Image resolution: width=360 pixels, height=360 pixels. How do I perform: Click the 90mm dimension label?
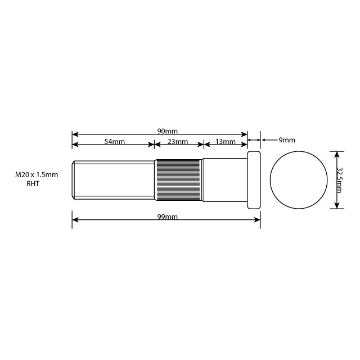point(168,131)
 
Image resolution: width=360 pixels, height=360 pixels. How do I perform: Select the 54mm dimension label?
point(114,142)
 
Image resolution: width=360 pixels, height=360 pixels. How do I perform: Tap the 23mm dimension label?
point(178,142)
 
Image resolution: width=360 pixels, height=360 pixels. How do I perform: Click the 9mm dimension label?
point(287,140)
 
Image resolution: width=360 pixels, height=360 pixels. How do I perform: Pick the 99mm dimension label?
point(168,217)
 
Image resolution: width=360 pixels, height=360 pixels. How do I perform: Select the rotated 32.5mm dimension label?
point(339,180)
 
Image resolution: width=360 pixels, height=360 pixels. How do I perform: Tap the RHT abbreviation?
point(33,184)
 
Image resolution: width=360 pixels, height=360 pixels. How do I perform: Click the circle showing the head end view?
point(299,180)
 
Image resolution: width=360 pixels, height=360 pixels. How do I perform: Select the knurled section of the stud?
point(178,180)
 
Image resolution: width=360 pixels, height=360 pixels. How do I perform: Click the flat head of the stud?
point(254,180)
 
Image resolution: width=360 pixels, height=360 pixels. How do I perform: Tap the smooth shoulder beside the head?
point(225,180)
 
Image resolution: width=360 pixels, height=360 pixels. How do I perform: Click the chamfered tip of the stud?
point(74,180)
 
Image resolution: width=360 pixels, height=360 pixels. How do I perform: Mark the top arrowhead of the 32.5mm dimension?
point(336,154)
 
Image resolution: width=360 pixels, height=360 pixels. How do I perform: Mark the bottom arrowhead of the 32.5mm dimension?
point(336,206)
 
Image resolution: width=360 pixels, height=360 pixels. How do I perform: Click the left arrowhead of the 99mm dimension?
point(75,219)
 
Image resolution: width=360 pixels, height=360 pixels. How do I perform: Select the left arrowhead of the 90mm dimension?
point(75,134)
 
